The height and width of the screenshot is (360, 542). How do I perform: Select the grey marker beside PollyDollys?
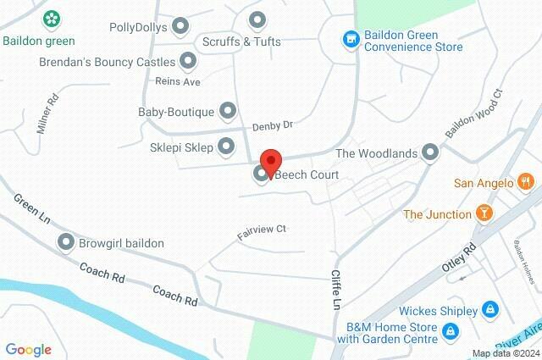coord(180,27)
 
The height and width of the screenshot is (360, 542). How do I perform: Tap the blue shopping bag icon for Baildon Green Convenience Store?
coord(349,40)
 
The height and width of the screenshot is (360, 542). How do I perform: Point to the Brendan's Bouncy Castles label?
coord(107,62)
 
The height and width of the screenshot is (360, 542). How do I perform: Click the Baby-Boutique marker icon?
coord(227,110)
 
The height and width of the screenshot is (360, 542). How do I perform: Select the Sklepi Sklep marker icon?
coord(226,147)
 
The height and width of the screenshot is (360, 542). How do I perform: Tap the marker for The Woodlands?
coord(430,152)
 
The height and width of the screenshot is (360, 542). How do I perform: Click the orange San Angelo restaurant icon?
coord(525,181)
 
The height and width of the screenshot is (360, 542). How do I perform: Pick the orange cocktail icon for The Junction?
coord(483,213)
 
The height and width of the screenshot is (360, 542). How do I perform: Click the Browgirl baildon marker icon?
coord(65,243)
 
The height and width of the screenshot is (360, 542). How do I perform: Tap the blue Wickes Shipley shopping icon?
coord(489,310)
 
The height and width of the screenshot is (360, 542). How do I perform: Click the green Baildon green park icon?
coord(52,19)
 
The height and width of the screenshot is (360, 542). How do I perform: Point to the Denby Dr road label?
coord(272,125)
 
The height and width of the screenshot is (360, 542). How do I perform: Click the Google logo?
coord(28,349)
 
